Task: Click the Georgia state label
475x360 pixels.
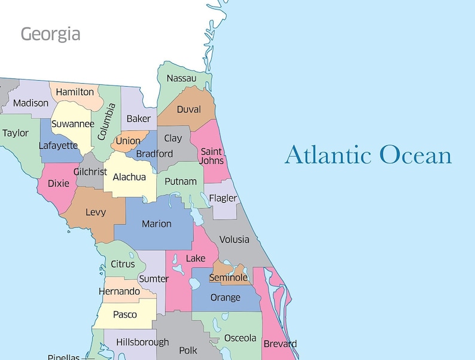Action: point(50,33)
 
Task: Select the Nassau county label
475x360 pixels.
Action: point(181,78)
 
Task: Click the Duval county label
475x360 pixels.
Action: point(188,109)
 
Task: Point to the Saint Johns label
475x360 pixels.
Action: point(212,156)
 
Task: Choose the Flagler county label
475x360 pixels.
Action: point(223,198)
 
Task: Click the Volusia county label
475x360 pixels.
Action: point(234,239)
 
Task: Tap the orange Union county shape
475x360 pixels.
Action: point(128,141)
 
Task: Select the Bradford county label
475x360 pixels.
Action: point(154,154)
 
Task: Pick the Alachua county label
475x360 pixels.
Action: point(129,177)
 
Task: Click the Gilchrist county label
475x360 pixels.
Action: point(90,172)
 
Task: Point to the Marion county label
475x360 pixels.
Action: point(156,224)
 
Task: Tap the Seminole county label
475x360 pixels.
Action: point(228,277)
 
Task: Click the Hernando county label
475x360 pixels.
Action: point(120,291)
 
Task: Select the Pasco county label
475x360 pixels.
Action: point(124,315)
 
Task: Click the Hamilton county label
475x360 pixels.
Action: point(75,92)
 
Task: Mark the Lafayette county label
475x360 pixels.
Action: point(58,145)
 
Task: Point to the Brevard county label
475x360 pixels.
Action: point(279,344)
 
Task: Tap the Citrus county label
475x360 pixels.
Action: point(123,264)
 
